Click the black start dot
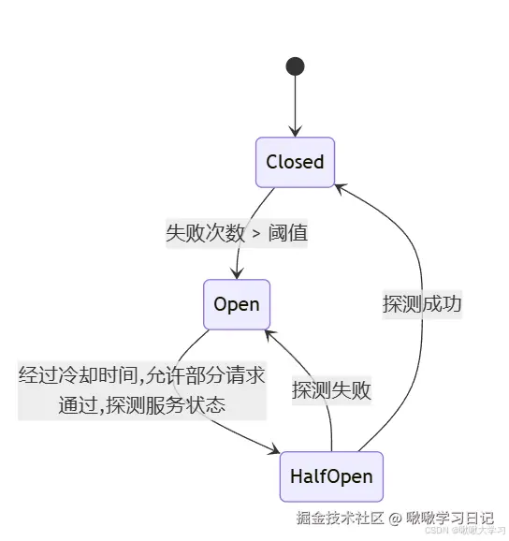point(295,66)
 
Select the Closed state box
point(295,162)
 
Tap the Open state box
point(237,304)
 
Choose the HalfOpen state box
point(331,476)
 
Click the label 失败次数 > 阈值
point(237,233)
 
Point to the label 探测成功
point(422,304)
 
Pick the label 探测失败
point(331,390)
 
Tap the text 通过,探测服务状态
point(142,405)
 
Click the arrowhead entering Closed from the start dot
point(295,132)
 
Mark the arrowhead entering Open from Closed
point(238,273)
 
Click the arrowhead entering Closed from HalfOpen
point(340,187)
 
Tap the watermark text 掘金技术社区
point(340,518)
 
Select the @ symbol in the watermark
point(395,518)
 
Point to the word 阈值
point(288,233)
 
